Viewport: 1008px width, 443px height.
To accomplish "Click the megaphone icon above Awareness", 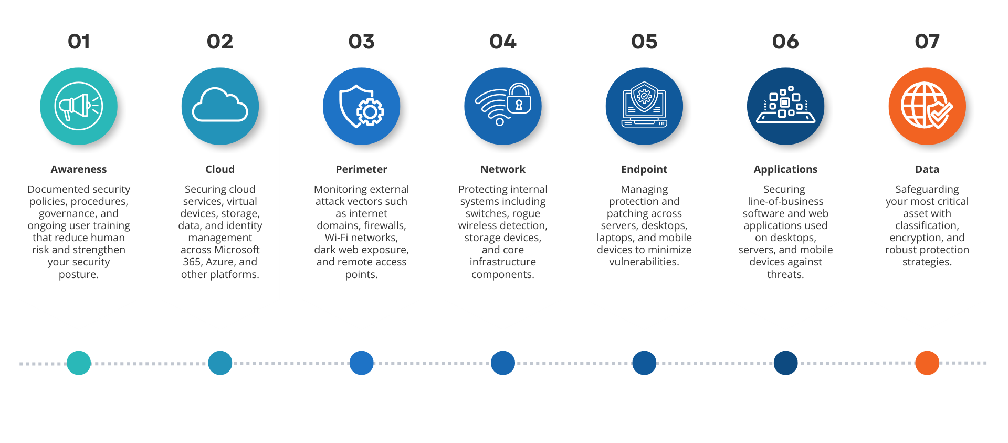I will (79, 106).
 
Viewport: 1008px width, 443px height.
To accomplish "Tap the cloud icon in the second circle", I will (220, 106).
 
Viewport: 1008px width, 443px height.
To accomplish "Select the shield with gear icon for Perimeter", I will (361, 106).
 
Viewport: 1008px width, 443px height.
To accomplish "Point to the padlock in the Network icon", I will (519, 99).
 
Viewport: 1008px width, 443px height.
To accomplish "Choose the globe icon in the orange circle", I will (927, 106).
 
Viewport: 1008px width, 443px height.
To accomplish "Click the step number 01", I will (79, 42).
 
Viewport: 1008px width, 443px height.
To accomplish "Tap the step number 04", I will (502, 42).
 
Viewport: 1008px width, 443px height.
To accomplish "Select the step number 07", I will (927, 42).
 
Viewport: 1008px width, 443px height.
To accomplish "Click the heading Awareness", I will (79, 169).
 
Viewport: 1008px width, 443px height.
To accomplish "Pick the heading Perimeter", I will (361, 169).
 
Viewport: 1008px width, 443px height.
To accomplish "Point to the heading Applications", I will (785, 169).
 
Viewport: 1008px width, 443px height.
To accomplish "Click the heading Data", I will (927, 169).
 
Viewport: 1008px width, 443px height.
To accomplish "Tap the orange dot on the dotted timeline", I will (927, 363).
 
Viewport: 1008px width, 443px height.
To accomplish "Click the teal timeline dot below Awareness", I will (79, 363).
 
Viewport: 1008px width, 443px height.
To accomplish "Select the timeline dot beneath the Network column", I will (502, 363).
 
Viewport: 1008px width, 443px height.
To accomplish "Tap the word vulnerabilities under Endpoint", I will (644, 262).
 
